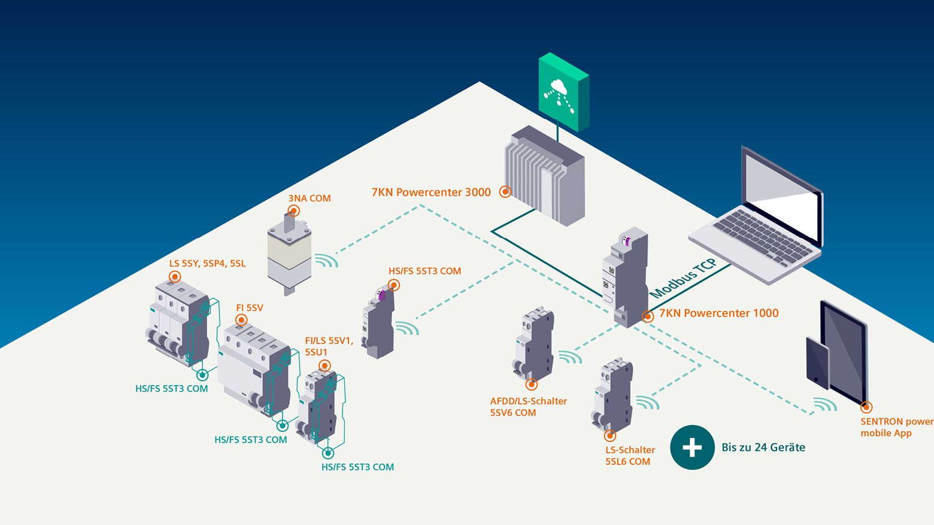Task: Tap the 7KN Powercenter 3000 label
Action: (x=431, y=193)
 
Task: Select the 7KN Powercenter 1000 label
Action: (x=718, y=313)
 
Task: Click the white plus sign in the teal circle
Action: (x=692, y=447)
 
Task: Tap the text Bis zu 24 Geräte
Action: (x=763, y=447)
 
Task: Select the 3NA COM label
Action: (x=310, y=199)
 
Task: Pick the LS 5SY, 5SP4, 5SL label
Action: (x=207, y=264)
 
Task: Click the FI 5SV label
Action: (x=250, y=308)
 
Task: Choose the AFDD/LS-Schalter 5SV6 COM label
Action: (x=528, y=407)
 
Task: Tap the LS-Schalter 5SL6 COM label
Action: (x=630, y=456)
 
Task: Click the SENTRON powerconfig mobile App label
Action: (x=896, y=427)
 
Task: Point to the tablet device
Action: (x=838, y=353)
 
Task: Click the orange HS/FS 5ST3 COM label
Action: (x=424, y=271)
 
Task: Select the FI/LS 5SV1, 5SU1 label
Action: (x=329, y=346)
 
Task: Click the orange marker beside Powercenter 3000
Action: (x=505, y=192)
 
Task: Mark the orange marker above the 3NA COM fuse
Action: (x=293, y=210)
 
